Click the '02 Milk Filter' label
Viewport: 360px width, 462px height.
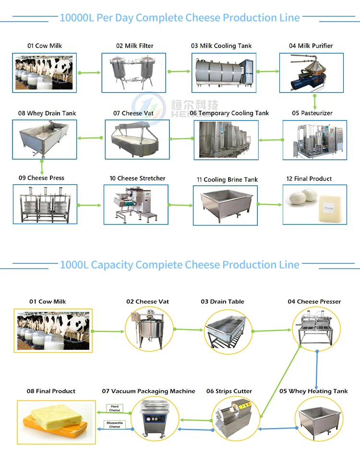134,46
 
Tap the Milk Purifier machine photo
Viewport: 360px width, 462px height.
311,72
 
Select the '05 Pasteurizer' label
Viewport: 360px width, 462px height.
312,113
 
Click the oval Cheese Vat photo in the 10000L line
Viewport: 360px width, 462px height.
137,139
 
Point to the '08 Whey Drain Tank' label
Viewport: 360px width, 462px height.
47,113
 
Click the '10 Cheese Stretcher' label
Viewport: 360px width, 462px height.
137,178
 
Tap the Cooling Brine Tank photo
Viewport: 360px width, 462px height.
225,205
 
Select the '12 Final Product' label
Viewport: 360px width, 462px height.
309,179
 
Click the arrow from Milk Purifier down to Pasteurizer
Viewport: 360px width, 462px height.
315,101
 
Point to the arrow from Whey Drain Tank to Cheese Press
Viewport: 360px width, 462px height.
42,167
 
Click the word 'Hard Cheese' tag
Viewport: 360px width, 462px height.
114,408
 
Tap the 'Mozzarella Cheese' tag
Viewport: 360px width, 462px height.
114,425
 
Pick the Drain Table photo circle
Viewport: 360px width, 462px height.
228,332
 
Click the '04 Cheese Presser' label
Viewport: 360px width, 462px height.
314,302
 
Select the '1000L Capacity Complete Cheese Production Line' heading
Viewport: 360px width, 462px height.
180,265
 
